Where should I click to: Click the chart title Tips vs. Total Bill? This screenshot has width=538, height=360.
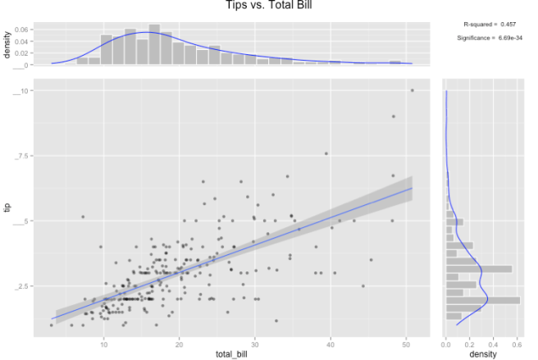[x=269, y=6]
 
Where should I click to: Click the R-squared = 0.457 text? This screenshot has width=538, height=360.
[x=490, y=25]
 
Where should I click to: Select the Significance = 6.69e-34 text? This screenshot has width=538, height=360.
[x=490, y=38]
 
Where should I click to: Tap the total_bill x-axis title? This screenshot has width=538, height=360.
[x=231, y=353]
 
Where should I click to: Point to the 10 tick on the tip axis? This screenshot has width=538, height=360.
[x=25, y=90]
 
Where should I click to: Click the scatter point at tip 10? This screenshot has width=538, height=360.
[x=413, y=90]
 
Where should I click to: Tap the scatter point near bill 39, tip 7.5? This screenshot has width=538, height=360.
[x=326, y=153]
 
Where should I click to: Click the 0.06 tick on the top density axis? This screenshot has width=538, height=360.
[x=21, y=30]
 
